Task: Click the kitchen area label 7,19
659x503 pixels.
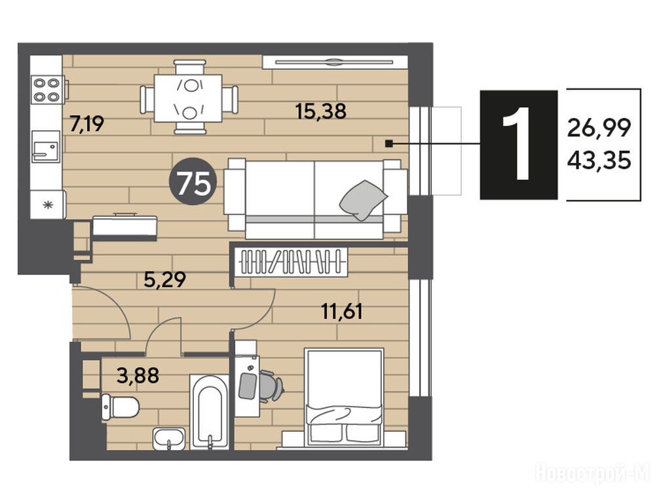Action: [x=87, y=124]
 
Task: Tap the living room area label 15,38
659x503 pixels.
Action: [x=321, y=111]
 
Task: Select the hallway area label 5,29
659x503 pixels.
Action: [x=164, y=280]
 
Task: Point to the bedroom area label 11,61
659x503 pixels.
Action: [x=341, y=312]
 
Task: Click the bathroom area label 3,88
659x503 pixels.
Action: [x=138, y=375]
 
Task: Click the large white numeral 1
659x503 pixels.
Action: [x=519, y=143]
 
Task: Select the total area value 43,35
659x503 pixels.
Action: [x=599, y=160]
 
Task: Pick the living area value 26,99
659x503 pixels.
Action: [x=599, y=128]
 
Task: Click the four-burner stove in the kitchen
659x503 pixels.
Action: [x=47, y=90]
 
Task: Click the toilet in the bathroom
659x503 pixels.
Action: [x=120, y=407]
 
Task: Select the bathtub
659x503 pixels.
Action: [x=210, y=412]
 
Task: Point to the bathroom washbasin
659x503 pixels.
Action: [x=169, y=439]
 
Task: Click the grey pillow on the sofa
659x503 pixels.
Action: [x=363, y=200]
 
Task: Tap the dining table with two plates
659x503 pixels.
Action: [x=188, y=98]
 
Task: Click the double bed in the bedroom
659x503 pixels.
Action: [x=344, y=396]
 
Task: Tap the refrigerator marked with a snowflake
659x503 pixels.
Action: [x=47, y=204]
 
